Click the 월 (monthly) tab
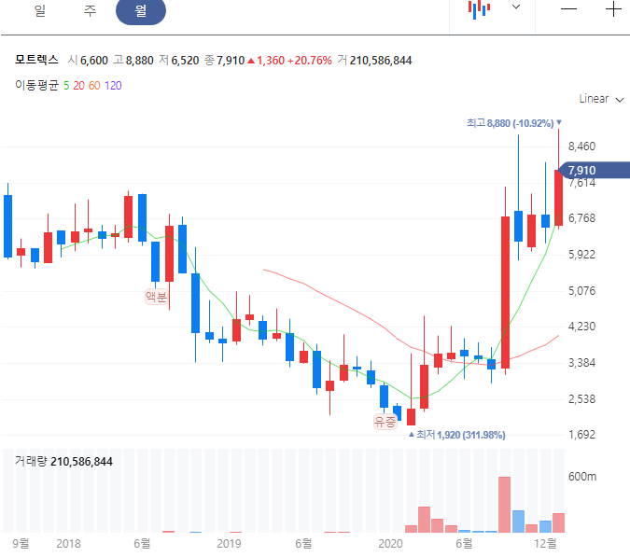click(x=140, y=11)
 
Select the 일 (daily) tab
click(x=39, y=11)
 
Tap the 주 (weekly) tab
click(x=90, y=11)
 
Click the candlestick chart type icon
click(x=479, y=9)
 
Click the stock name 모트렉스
click(x=36, y=61)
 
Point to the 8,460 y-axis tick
click(x=581, y=146)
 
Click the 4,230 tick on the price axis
click(x=581, y=327)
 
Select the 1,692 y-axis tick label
click(x=581, y=435)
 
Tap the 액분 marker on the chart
click(x=156, y=298)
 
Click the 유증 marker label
click(x=385, y=422)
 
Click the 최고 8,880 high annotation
click(x=513, y=122)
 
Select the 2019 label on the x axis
click(x=229, y=543)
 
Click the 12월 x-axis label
click(x=546, y=543)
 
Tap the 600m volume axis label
click(x=582, y=477)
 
